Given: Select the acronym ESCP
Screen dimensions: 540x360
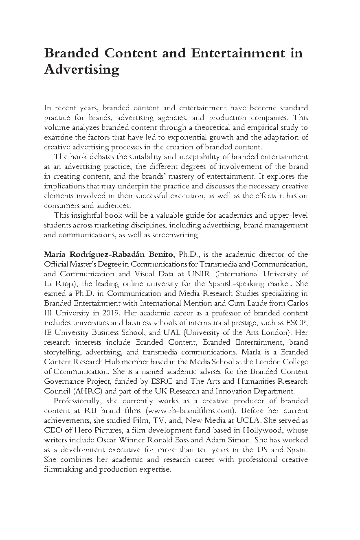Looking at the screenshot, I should tap(299, 323).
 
